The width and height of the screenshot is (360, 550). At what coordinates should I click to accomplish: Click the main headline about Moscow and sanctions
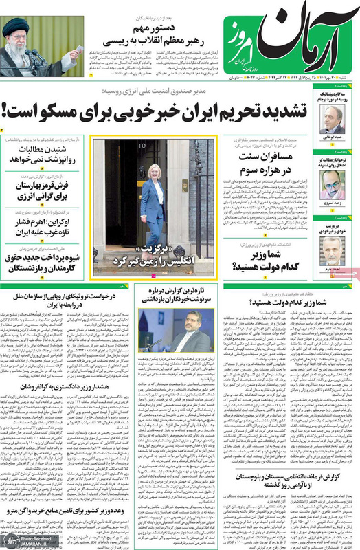coord(180,107)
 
